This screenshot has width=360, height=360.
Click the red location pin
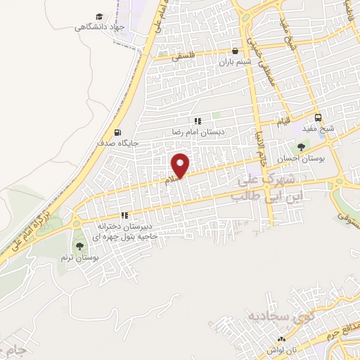tap(181, 165)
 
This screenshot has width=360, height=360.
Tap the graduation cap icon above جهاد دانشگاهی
tap(99, 16)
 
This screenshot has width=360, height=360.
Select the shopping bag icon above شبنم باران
tap(235, 50)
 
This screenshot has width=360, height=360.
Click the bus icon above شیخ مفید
tap(319, 117)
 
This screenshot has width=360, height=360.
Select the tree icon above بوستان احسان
tap(302, 147)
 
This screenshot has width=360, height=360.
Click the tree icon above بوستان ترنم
tap(79, 246)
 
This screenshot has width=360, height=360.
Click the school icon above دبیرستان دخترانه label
tap(125, 216)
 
